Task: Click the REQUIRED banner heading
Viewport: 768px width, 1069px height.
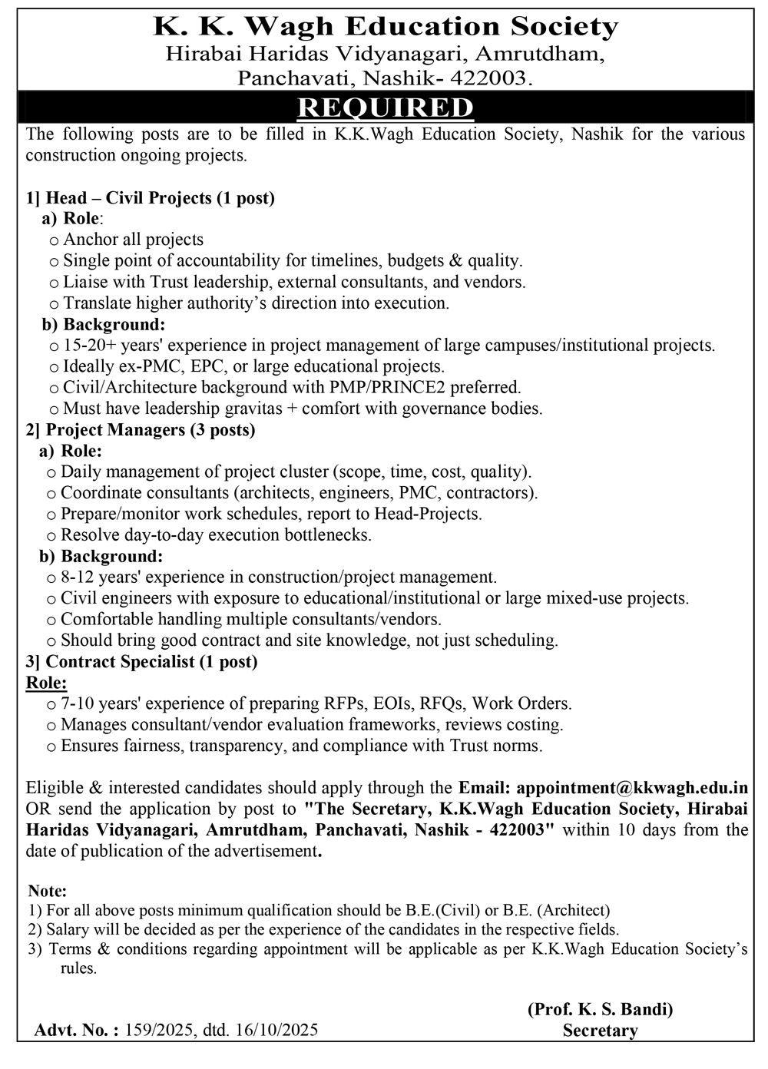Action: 385,108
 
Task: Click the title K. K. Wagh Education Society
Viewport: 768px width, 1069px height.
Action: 386,28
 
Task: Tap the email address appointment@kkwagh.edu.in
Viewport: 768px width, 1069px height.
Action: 632,788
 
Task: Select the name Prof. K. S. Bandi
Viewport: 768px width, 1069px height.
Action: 600,1009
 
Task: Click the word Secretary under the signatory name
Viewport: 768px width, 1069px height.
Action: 600,1031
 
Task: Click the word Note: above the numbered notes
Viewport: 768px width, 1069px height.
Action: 48,892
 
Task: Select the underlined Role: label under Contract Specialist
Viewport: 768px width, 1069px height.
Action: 46,683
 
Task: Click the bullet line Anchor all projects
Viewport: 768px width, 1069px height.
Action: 133,240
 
